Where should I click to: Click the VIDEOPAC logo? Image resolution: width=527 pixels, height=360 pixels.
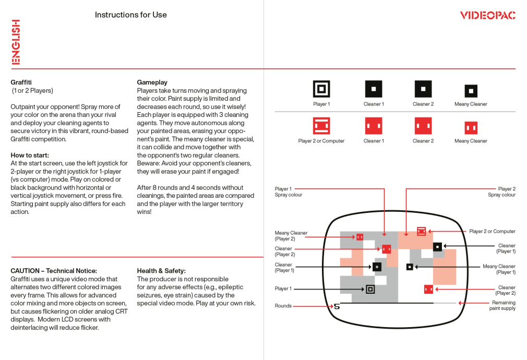487,15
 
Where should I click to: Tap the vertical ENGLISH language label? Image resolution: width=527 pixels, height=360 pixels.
16,42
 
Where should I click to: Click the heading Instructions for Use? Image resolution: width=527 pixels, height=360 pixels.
130,15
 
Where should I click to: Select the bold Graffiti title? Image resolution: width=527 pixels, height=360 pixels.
21,82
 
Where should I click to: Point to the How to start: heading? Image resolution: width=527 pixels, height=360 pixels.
30,155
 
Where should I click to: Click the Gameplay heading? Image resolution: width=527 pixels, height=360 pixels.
152,82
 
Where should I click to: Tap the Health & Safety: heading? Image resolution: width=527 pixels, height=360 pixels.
161,271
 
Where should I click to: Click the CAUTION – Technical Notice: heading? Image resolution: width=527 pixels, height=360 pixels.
54,271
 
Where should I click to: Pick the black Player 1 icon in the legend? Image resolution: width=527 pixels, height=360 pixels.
321,89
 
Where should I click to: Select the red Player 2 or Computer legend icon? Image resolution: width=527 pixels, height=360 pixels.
321,126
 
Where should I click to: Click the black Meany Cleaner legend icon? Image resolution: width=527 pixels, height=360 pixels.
471,91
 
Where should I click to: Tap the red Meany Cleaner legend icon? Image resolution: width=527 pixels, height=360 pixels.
471,128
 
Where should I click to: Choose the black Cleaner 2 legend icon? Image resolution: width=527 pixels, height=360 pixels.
423,89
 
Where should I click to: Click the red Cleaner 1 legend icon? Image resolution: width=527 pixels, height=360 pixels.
373,126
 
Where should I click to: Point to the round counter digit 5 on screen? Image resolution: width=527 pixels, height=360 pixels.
337,306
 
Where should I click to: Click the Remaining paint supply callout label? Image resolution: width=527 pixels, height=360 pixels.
502,306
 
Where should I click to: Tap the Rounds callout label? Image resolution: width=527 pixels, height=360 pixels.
283,306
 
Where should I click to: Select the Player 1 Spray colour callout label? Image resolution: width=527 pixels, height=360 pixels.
288,192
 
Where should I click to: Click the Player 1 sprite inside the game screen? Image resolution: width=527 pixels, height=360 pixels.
370,289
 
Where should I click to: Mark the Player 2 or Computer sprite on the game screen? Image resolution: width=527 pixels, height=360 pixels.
421,231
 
